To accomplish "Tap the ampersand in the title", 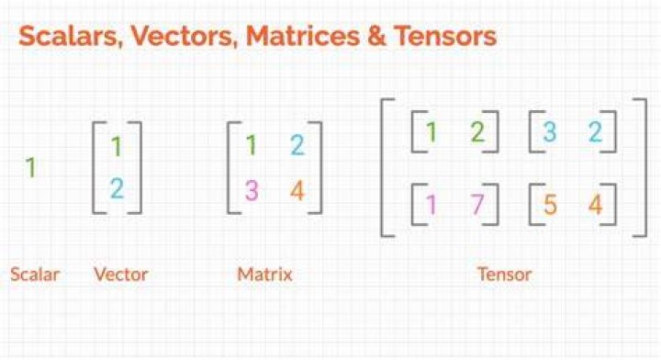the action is (x=376, y=36).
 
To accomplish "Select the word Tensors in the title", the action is (x=445, y=36).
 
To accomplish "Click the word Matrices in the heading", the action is (x=302, y=36).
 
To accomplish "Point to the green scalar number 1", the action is (x=31, y=167).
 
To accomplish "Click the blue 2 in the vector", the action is (x=118, y=188).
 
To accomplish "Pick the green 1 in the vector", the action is (x=117, y=146).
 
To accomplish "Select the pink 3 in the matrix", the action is (x=252, y=190).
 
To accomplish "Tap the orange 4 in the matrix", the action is (x=297, y=190).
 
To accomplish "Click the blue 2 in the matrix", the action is (x=297, y=145).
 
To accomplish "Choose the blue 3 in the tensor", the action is (x=550, y=131).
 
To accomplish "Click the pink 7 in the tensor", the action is (x=476, y=204).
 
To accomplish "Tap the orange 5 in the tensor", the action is (x=550, y=205).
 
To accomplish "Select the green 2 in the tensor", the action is (x=477, y=131).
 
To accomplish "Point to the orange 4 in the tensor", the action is (x=595, y=205).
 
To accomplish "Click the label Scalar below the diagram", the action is (x=35, y=275).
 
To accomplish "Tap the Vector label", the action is (x=121, y=275).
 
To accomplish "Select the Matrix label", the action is (x=264, y=275).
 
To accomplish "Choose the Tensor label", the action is (x=505, y=275).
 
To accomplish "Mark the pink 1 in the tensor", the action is (x=431, y=205).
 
